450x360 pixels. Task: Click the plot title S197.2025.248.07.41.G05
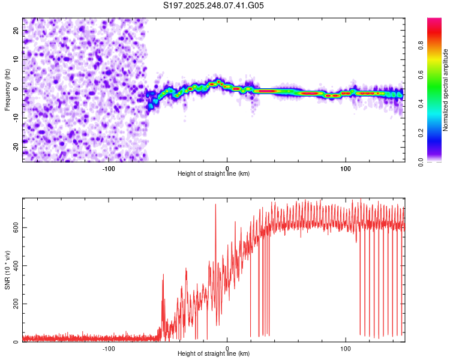point(214,6)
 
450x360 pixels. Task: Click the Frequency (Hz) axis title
point(7,89)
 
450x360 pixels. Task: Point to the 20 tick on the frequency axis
point(17,31)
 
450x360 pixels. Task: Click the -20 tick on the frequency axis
point(17,147)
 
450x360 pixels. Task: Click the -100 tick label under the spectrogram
point(109,169)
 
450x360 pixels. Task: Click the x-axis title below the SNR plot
point(214,354)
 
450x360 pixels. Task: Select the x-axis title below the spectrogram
point(214,174)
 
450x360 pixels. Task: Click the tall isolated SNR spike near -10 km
point(215,207)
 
